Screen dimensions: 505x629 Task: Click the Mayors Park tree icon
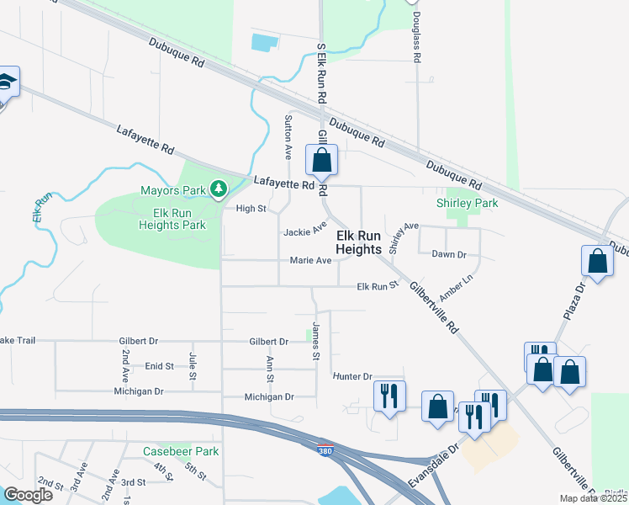click(x=219, y=187)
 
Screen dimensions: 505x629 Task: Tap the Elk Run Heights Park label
click(x=172, y=219)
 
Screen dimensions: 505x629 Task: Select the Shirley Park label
click(x=467, y=203)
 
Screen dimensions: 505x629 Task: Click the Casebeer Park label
click(x=180, y=451)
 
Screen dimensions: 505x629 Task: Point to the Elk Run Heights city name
click(x=364, y=243)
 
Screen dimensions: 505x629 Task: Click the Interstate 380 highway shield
click(x=325, y=450)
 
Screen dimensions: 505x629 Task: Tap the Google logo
click(x=29, y=495)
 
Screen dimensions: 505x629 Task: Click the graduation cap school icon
click(x=5, y=82)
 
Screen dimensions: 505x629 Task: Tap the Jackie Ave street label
click(x=304, y=231)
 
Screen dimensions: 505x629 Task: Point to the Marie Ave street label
click(x=310, y=261)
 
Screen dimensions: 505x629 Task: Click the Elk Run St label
click(x=377, y=287)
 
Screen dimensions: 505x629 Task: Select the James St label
click(x=316, y=342)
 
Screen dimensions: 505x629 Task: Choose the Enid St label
click(x=159, y=366)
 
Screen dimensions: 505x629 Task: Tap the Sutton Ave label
click(x=288, y=137)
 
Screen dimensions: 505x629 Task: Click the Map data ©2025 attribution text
click(x=593, y=498)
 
